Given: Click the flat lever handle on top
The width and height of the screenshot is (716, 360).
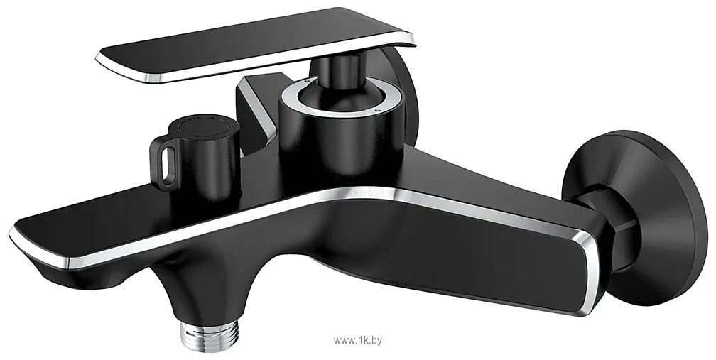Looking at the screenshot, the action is [256, 43].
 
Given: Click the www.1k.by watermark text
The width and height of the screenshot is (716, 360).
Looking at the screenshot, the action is [358, 340].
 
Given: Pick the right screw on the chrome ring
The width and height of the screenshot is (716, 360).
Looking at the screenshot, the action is [376, 110].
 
